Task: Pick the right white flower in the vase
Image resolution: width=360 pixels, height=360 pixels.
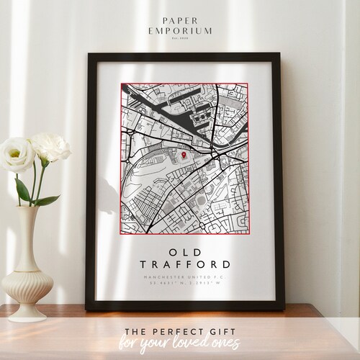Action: click(50, 148)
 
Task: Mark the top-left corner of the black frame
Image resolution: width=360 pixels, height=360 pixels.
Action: click(87, 55)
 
